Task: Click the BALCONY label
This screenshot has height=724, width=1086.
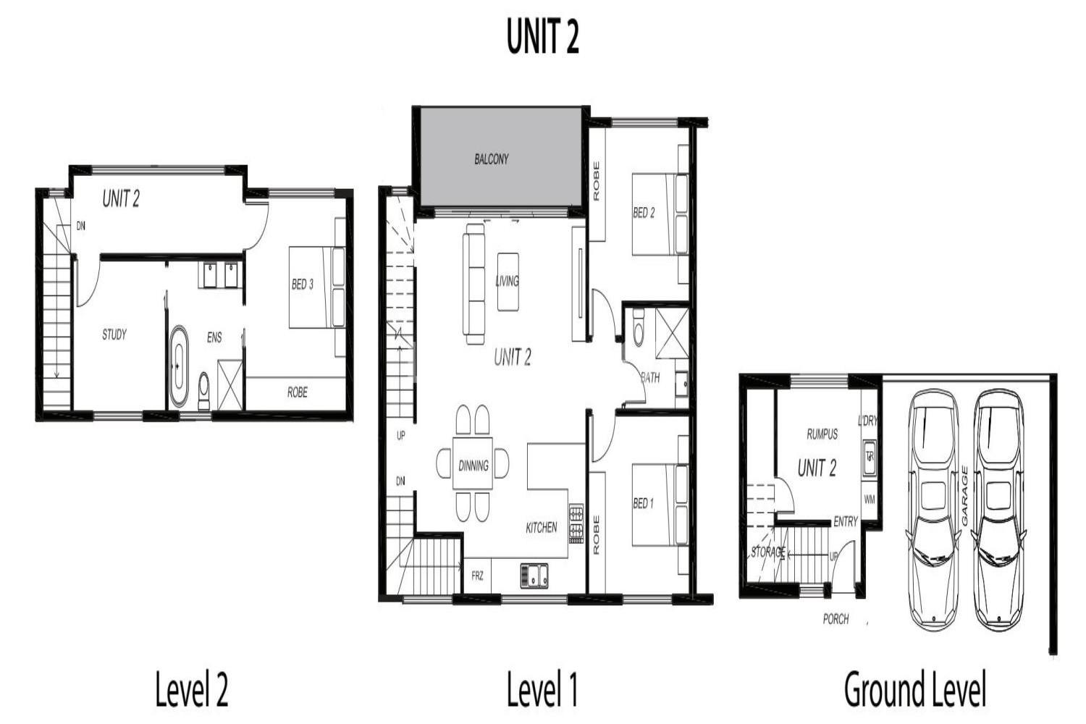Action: point(491,159)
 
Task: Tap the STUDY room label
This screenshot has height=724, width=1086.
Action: point(114,334)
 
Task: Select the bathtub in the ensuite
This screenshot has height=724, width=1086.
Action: point(178,366)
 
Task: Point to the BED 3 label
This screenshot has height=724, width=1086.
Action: point(303,284)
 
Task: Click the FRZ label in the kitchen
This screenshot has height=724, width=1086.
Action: point(477,576)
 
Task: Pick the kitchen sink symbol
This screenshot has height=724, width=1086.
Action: point(534,576)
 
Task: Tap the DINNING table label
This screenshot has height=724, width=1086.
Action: point(473,466)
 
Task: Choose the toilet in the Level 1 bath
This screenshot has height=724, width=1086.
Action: point(639,327)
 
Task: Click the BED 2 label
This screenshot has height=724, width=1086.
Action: point(644,212)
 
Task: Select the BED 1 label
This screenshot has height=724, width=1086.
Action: point(644,503)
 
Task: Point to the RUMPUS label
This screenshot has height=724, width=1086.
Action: point(822,434)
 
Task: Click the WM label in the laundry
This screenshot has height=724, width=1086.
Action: point(870,499)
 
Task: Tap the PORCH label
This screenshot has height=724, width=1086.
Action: point(835,619)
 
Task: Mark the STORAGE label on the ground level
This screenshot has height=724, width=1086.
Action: point(768,552)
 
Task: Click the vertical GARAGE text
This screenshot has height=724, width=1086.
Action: point(964,496)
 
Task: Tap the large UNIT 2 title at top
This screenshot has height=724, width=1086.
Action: point(542,36)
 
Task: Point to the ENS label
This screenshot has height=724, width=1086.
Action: point(214,337)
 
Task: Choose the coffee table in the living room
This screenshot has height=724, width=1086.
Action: point(508,281)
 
